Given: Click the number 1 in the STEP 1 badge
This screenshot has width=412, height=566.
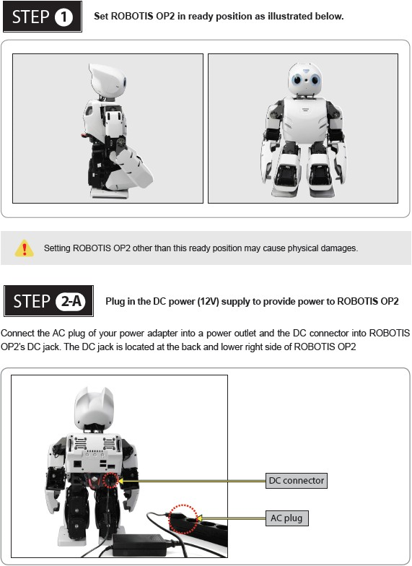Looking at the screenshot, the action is [63, 17].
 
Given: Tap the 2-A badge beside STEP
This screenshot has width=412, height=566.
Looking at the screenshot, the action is [71, 301].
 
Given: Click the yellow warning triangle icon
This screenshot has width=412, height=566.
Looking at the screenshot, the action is [25, 248].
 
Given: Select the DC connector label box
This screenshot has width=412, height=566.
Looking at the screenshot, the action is [296, 481].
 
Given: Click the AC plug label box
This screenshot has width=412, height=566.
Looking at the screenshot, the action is [287, 518].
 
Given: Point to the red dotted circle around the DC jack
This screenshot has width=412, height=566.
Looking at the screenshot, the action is [110, 481].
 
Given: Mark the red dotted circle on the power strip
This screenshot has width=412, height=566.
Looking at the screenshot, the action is [183, 519].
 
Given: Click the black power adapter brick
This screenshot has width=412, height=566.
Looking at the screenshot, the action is [140, 544].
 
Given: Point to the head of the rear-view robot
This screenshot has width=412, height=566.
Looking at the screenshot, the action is [94, 406].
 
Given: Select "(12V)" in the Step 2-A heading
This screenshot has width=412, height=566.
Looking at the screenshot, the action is [208, 302].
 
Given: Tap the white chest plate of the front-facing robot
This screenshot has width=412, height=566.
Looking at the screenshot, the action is [305, 120].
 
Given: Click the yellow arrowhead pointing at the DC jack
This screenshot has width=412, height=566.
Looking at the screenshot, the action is [121, 481].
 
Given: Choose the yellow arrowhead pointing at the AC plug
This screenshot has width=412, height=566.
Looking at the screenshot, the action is [199, 518].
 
